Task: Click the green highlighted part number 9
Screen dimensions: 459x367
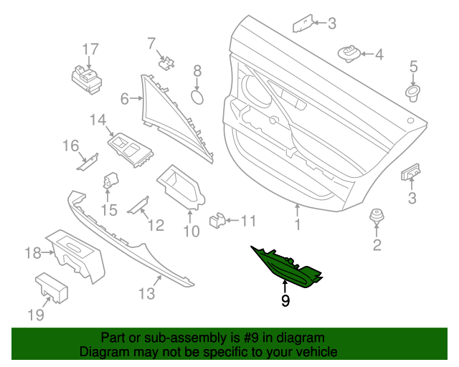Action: pyautogui.click(x=287, y=269)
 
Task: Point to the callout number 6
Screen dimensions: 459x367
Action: pyautogui.click(x=124, y=99)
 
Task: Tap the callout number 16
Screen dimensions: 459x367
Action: pyautogui.click(x=70, y=147)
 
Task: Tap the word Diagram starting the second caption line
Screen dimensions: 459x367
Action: pyautogui.click(x=105, y=353)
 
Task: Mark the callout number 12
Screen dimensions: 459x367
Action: pyautogui.click(x=156, y=225)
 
